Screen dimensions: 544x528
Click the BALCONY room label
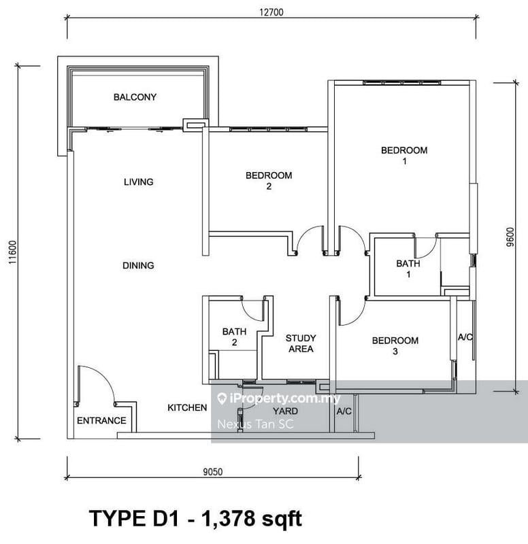135,97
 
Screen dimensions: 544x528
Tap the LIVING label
138,182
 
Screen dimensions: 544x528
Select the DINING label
138,265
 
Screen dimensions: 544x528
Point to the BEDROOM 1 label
404,156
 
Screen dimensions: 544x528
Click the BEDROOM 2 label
269,181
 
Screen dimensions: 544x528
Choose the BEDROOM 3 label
395,346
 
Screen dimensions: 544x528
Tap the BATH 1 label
408,269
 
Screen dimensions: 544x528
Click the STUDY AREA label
300,343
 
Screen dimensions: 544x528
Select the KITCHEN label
187,407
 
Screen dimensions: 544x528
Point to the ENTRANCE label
101,420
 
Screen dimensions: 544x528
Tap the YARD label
285,411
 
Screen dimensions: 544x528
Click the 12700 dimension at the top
271,12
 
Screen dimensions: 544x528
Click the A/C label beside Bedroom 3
466,337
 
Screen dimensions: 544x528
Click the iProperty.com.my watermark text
284,399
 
